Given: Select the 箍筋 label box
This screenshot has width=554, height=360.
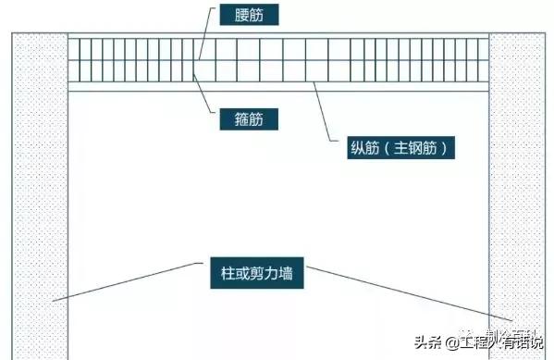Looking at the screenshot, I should pyautogui.click(x=247, y=118).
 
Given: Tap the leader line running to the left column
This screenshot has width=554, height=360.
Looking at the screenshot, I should pyautogui.click(x=129, y=286).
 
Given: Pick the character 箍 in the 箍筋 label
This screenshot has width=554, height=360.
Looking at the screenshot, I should pyautogui.click(x=238, y=118).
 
